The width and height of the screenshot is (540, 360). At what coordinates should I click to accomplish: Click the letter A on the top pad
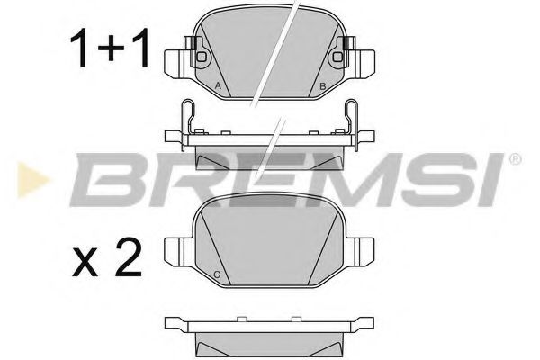[219, 86]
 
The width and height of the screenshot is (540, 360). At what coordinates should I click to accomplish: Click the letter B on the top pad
[322, 86]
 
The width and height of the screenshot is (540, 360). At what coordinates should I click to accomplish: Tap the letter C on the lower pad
[218, 274]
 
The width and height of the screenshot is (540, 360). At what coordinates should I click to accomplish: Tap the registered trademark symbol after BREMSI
[515, 160]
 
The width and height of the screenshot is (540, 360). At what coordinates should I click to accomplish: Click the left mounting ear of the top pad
[176, 60]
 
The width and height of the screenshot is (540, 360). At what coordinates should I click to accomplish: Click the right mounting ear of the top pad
[364, 60]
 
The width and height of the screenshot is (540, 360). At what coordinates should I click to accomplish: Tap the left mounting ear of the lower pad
[176, 247]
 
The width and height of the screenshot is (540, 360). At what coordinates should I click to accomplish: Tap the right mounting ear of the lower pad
[364, 247]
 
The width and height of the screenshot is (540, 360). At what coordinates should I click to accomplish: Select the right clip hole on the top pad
[338, 57]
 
